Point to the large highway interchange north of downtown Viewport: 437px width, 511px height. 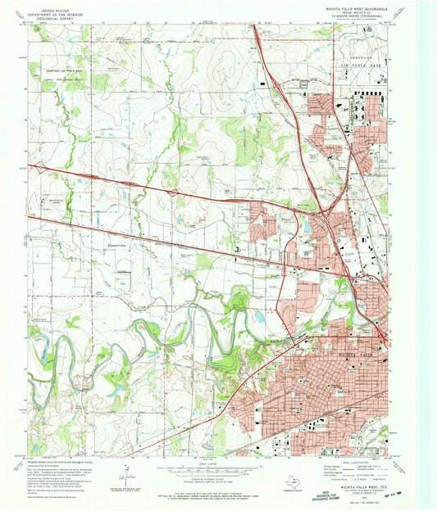[326, 215]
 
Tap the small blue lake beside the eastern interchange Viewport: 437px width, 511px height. [307, 224]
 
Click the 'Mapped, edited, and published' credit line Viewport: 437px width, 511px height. [64, 460]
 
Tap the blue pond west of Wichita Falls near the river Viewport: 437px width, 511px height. [258, 314]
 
